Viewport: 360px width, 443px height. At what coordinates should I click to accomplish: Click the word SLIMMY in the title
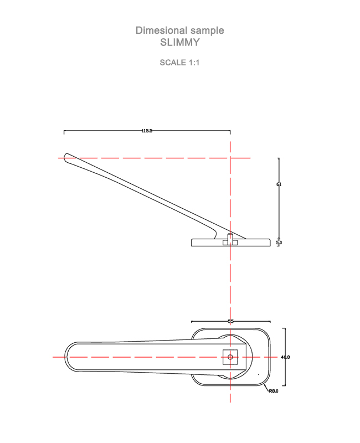(x=179, y=42)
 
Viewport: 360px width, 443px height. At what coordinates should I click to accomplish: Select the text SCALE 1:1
(x=179, y=63)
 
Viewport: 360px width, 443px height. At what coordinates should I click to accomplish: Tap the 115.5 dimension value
(x=147, y=131)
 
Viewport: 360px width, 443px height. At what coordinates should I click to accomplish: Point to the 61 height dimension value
(x=279, y=184)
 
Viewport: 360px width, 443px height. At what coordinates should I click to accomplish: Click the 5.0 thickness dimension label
(x=279, y=243)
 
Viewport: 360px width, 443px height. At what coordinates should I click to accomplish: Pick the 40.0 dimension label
(x=285, y=357)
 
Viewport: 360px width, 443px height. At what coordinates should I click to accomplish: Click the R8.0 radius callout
(x=273, y=391)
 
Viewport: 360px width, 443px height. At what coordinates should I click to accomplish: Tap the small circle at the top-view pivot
(x=230, y=357)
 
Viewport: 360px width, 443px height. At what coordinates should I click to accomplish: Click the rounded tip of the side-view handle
(x=67, y=157)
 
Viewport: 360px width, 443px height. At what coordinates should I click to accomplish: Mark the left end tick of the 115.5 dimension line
(x=64, y=132)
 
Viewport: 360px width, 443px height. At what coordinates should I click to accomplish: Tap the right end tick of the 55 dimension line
(x=270, y=321)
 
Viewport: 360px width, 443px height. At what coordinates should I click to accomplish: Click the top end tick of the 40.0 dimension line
(x=285, y=328)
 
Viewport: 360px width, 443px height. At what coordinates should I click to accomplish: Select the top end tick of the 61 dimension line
(x=278, y=158)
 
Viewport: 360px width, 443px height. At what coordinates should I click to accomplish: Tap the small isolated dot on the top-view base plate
(x=258, y=374)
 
